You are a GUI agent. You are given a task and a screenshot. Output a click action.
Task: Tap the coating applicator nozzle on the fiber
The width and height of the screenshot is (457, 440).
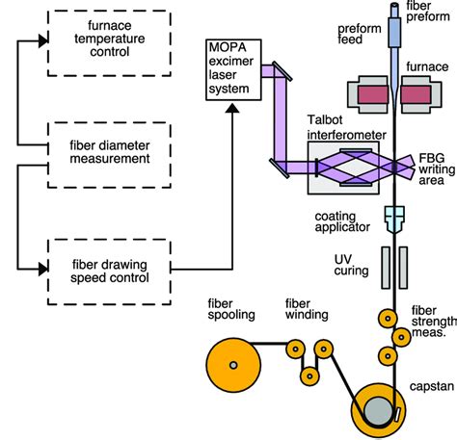(x=394, y=222)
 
